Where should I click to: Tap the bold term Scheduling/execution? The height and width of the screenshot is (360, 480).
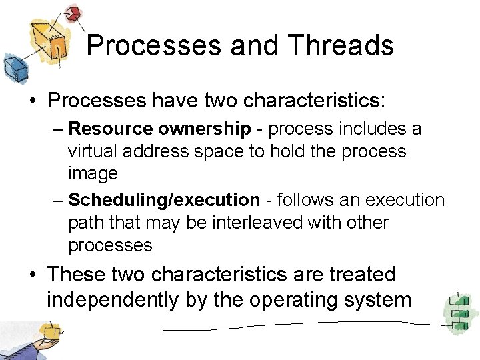coord(164,200)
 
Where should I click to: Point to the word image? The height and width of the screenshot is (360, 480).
coord(93,173)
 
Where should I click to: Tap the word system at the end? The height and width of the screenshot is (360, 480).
coord(381,300)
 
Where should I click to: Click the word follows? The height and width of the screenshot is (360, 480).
coord(309,200)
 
